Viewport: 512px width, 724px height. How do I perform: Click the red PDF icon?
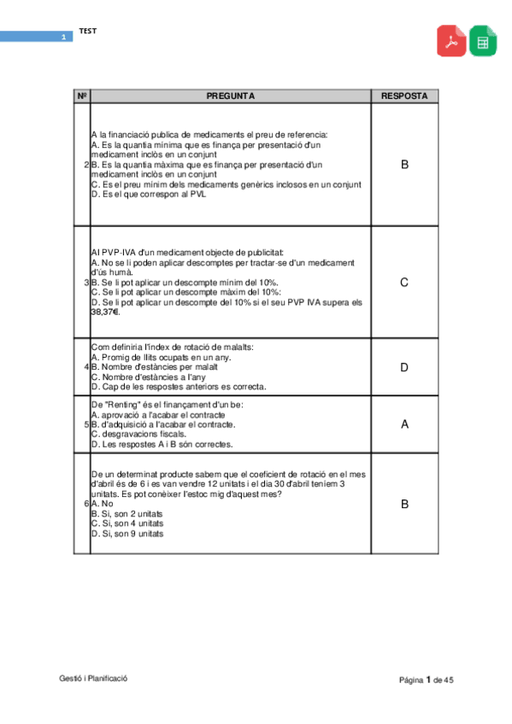coord(452,41)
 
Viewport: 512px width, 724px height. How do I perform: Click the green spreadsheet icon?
coord(483,41)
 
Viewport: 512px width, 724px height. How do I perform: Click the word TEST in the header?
coord(88,32)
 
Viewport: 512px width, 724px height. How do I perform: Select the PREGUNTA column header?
coord(231,96)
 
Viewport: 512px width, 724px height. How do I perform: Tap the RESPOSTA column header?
coord(404,96)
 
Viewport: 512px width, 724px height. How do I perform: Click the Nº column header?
coord(82,96)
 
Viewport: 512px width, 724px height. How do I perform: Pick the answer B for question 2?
coord(404,164)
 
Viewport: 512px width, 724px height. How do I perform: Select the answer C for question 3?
coord(404,282)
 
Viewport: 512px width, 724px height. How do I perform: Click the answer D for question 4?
coord(404,367)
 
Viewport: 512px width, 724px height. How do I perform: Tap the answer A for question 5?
coord(404,423)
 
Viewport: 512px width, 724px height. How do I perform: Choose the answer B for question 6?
coord(404,504)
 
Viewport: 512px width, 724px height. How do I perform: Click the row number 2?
coord(85,164)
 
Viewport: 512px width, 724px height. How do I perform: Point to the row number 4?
coord(85,367)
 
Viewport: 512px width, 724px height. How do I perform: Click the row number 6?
coord(85,504)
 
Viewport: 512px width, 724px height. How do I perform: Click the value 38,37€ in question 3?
coord(105,312)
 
